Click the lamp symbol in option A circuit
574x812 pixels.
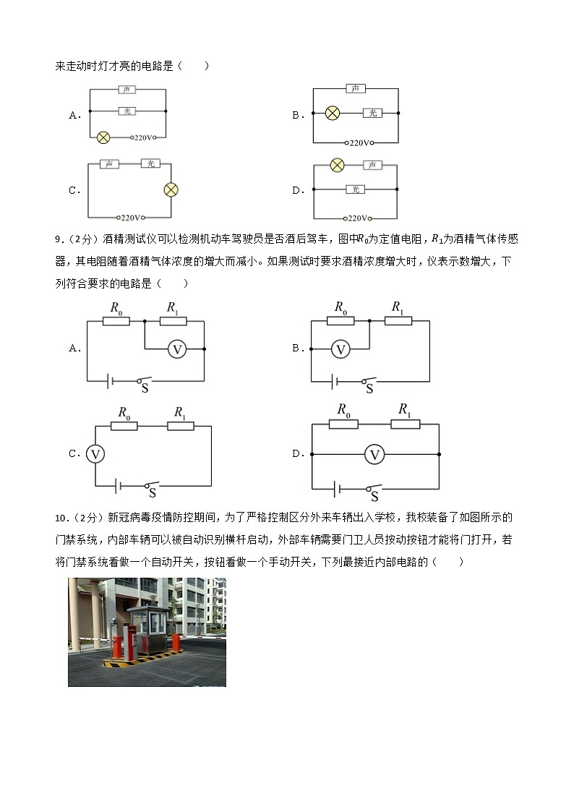click(103, 136)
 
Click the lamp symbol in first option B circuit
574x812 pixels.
click(332, 114)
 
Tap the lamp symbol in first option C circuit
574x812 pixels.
click(171, 190)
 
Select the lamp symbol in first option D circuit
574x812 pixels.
click(336, 166)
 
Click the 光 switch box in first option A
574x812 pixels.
click(127, 111)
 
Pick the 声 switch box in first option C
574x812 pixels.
click(109, 164)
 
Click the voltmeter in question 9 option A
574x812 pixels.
click(176, 349)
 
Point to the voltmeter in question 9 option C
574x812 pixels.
click(95, 453)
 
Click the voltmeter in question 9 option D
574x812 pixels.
click(374, 454)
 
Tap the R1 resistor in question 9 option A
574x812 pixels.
click(173, 320)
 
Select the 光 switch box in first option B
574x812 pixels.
click(372, 114)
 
